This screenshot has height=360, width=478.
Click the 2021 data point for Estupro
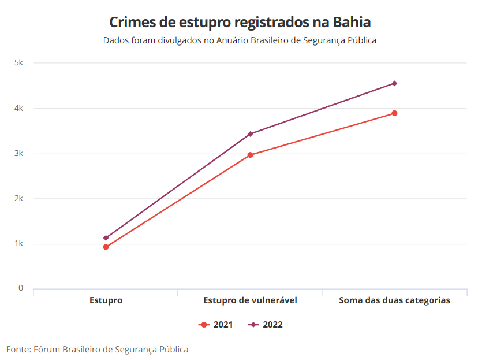point(106,247)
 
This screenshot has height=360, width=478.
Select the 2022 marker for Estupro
point(106,238)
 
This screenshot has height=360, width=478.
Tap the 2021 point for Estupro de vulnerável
point(250,155)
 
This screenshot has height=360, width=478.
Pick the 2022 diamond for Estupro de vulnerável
point(250,134)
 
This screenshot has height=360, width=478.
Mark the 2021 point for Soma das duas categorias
point(394,113)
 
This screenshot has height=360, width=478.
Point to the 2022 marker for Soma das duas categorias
point(394,83)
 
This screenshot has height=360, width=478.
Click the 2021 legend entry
point(216,325)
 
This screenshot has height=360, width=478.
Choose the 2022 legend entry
point(266,325)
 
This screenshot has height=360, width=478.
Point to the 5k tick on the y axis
point(18,63)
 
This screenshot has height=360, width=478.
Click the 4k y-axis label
point(18,108)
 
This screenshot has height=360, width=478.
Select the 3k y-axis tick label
point(18,153)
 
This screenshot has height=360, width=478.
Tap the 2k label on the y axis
point(18,198)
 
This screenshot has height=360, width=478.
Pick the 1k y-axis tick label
point(18,243)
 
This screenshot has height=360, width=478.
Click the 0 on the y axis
point(21,288)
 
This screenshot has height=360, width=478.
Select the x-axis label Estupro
point(106,300)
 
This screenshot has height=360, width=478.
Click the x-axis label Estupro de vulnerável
point(250,300)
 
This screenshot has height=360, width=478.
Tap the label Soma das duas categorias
point(394,300)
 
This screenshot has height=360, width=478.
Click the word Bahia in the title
point(352,22)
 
